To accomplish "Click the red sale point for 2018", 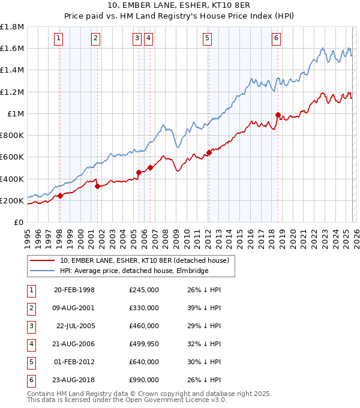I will [278, 115].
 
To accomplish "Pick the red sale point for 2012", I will [209, 152].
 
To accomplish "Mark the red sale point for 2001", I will [97, 186].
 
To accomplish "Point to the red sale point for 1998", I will [60, 196].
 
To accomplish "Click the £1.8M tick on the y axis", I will [12, 27].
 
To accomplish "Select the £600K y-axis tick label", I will [12, 157].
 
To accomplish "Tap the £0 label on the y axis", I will [18, 222].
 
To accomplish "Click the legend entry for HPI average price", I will [134, 271].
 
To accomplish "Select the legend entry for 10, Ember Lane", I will [144, 260].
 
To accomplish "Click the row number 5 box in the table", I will [31, 362].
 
